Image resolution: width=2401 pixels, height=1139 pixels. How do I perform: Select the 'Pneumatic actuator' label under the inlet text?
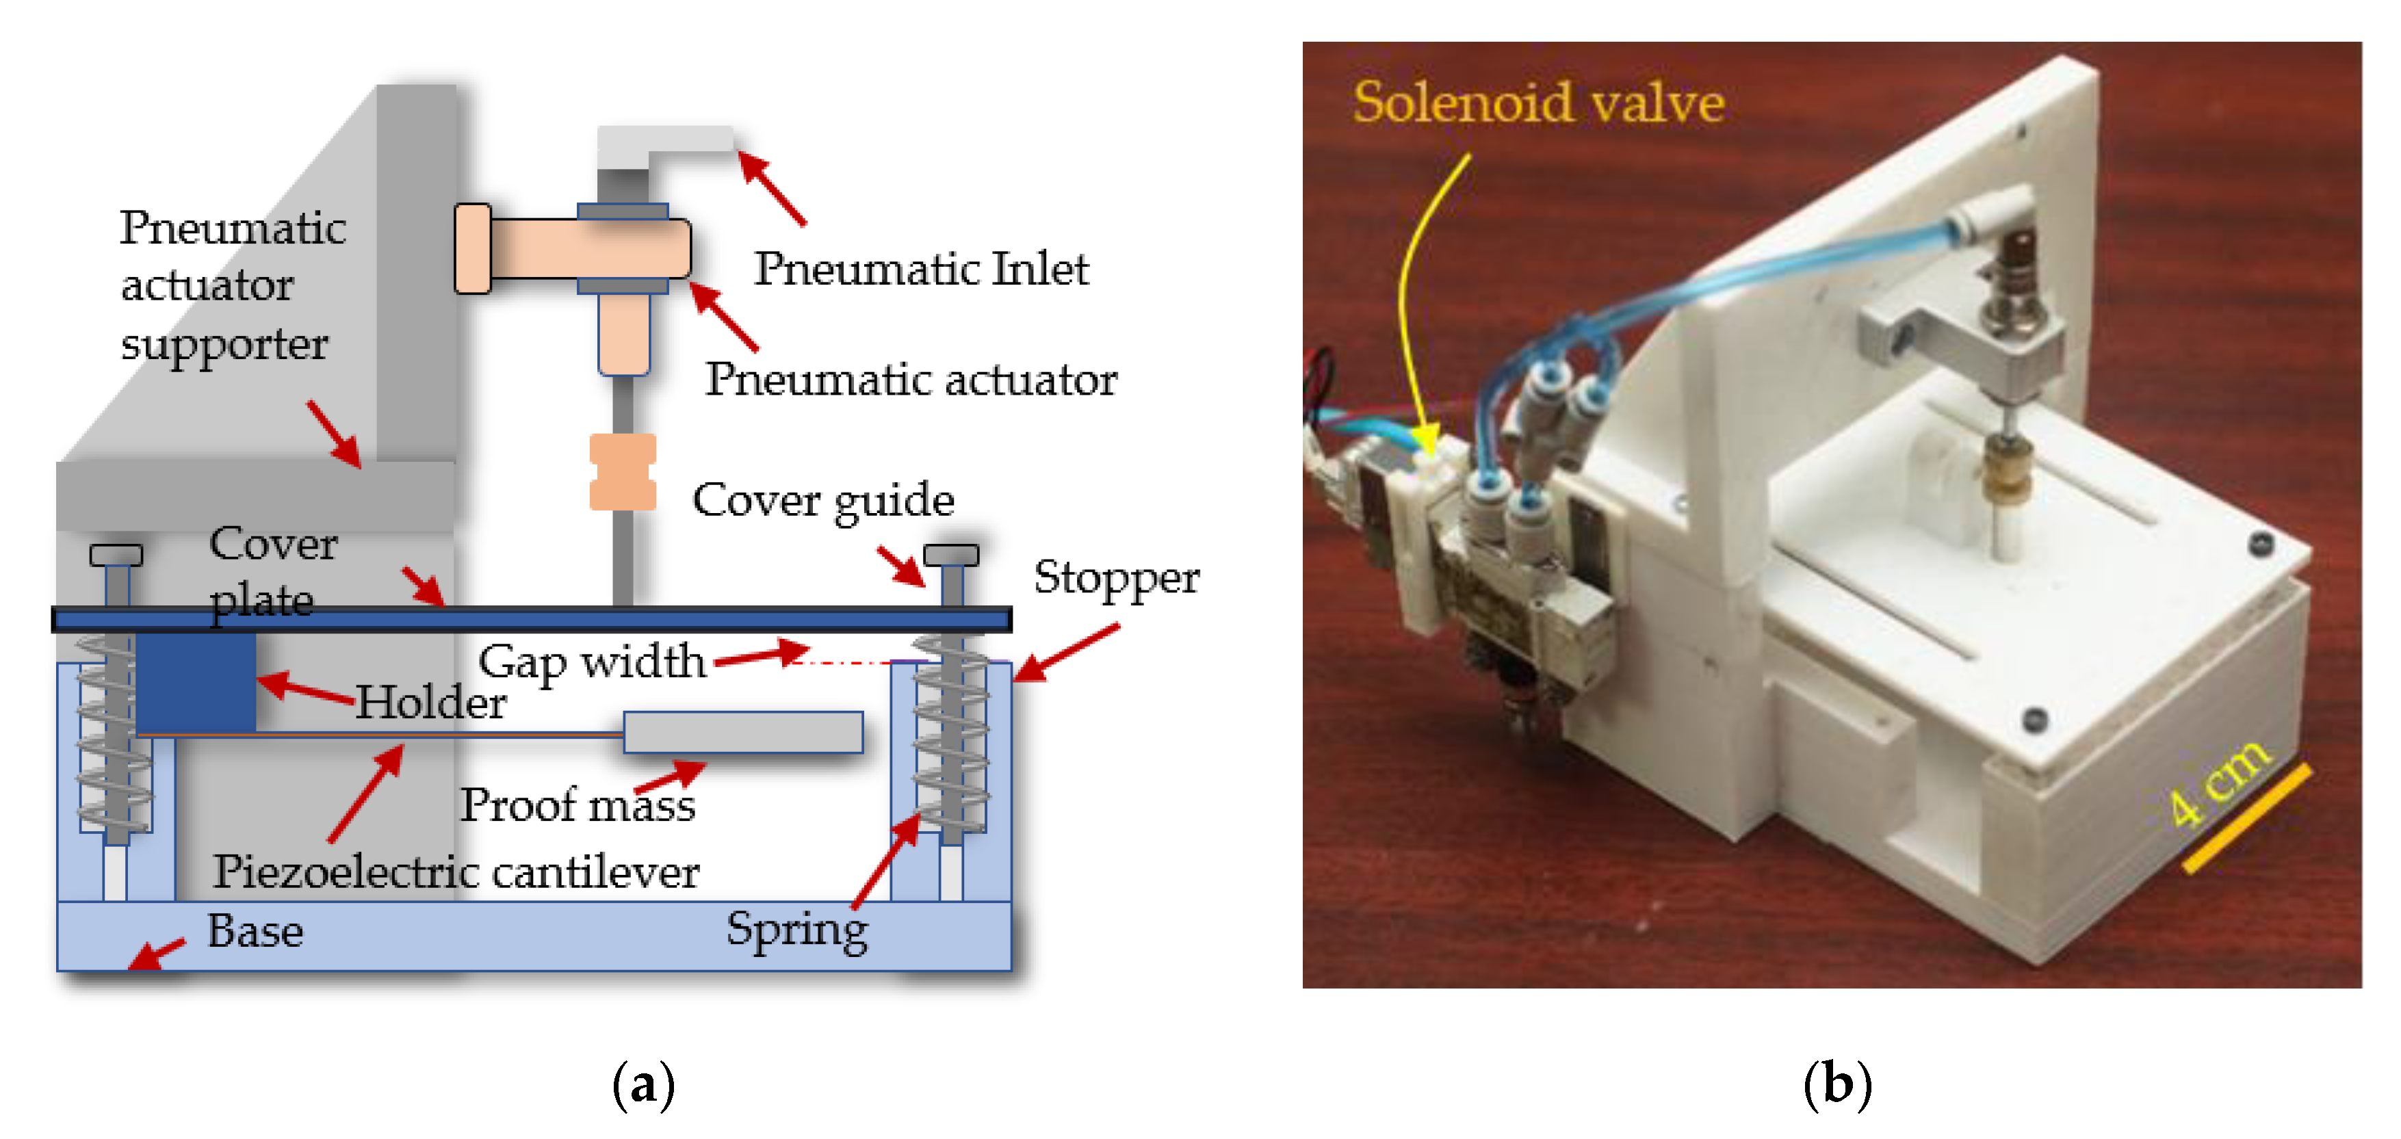(911, 380)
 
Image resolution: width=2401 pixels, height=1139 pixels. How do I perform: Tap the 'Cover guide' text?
(823, 501)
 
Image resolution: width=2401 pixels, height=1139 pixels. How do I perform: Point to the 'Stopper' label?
(1116, 578)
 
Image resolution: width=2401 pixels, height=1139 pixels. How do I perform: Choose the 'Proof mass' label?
(578, 805)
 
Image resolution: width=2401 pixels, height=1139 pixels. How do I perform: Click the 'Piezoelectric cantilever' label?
(456, 872)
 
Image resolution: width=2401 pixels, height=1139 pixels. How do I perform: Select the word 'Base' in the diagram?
(255, 931)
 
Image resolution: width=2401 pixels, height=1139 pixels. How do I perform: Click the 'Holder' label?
(430, 703)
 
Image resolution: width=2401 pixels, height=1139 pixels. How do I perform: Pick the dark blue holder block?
(196, 682)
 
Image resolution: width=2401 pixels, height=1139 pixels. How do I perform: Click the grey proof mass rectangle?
(743, 733)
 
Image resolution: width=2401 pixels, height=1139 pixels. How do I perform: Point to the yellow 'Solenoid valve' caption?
(1538, 103)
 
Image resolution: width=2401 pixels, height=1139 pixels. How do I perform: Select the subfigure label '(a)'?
(643, 1085)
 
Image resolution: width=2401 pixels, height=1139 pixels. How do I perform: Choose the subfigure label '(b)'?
(1837, 1085)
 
